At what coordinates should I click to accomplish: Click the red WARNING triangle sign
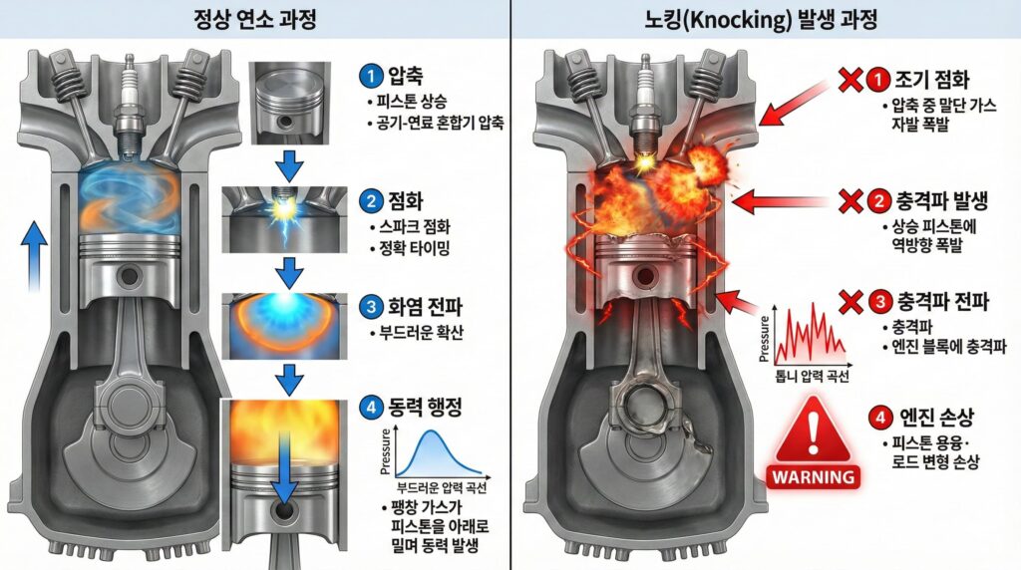coord(815,442)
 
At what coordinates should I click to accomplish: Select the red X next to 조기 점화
coord(850,75)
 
